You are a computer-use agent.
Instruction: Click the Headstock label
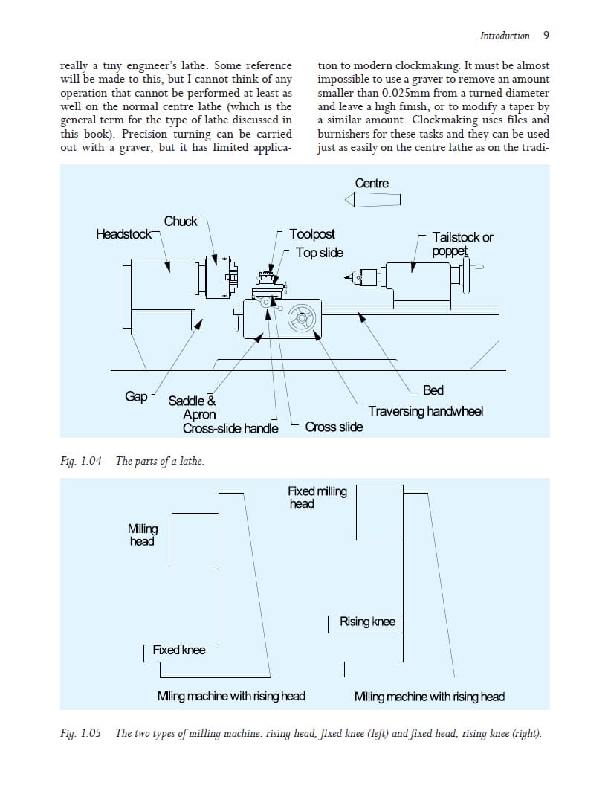123,234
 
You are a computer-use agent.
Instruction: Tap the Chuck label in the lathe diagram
181,221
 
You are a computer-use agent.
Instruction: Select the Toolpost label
311,234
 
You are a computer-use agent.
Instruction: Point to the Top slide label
319,253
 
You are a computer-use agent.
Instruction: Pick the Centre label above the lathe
372,183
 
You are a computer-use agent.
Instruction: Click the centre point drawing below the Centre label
372,199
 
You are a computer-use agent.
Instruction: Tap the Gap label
136,396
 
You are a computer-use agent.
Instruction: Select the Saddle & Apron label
193,407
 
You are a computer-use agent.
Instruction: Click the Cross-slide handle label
230,428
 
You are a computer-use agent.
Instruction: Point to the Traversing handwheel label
425,411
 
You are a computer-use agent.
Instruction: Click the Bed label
433,390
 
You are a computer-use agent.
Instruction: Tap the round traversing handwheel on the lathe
302,317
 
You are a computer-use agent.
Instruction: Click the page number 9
546,36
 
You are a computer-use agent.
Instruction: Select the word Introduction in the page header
505,36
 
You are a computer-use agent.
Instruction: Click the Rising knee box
367,622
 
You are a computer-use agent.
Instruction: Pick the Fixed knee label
179,650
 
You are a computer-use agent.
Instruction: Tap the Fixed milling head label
317,497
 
